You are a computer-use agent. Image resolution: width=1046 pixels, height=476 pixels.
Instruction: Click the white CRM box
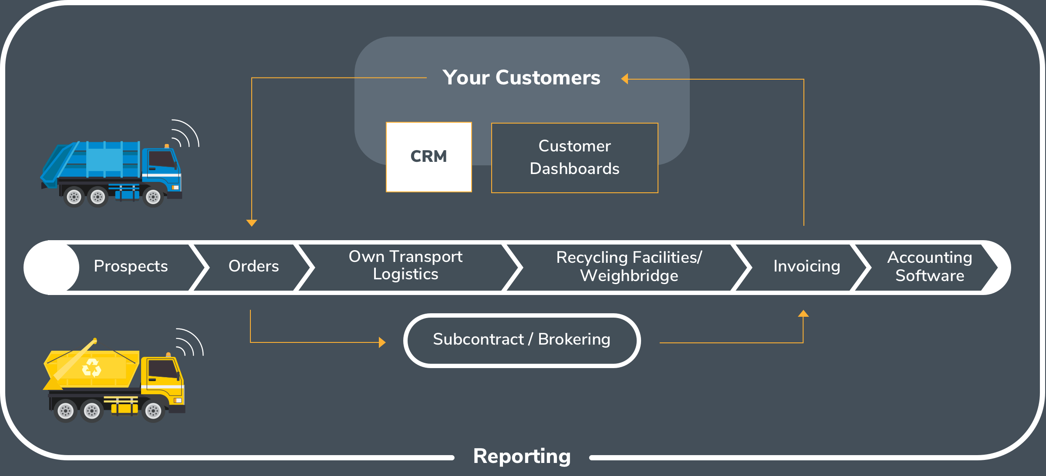pyautogui.click(x=429, y=157)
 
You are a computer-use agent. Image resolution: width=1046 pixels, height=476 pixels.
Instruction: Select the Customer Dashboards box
pyautogui.click(x=574, y=158)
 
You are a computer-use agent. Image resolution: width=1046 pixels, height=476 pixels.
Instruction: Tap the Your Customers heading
pyautogui.click(x=521, y=78)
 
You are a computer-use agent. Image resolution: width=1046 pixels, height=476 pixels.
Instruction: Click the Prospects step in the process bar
pyautogui.click(x=131, y=266)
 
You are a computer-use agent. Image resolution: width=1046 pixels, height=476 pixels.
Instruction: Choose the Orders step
pyautogui.click(x=253, y=266)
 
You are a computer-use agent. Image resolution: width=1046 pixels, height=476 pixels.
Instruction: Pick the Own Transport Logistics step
pyautogui.click(x=405, y=266)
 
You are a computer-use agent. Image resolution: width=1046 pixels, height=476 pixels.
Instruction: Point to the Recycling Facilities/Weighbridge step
pyautogui.click(x=629, y=267)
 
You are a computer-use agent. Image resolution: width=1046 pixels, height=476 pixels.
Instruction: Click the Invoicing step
pyautogui.click(x=806, y=266)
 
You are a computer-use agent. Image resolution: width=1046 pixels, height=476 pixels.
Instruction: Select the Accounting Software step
pyautogui.click(x=929, y=267)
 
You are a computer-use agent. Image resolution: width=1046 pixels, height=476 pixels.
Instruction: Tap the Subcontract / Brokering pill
pyautogui.click(x=522, y=340)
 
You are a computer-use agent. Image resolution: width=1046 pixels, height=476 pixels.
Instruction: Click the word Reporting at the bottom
pyautogui.click(x=522, y=456)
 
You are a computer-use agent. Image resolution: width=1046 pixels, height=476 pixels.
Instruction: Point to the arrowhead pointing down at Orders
pyautogui.click(x=252, y=223)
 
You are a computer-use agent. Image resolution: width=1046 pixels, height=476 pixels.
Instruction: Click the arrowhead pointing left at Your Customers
pyautogui.click(x=625, y=79)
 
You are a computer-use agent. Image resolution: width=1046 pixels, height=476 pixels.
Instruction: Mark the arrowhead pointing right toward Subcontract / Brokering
pyautogui.click(x=382, y=342)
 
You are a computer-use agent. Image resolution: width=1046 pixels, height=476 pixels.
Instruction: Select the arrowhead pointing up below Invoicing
pyautogui.click(x=803, y=313)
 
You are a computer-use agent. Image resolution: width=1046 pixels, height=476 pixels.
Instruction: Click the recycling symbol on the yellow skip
pyautogui.click(x=91, y=368)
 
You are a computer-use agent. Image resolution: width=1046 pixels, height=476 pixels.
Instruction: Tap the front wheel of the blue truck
pyautogui.click(x=153, y=197)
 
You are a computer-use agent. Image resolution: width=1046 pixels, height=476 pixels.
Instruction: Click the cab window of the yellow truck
pyautogui.click(x=162, y=369)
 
